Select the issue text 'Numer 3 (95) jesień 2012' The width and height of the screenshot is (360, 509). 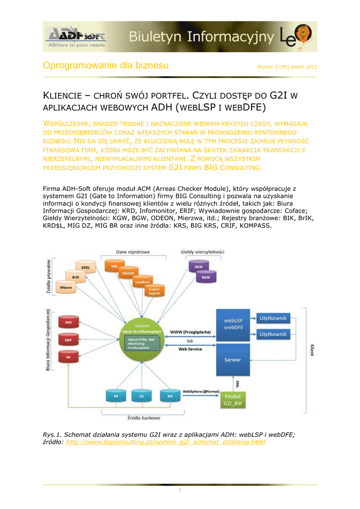coord(287,67)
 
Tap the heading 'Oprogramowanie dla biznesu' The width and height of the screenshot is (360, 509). coord(106,66)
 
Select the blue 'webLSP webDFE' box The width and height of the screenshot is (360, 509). coord(233,324)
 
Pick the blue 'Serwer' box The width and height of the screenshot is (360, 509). coord(233,359)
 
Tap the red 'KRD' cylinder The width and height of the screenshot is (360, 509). coord(69,323)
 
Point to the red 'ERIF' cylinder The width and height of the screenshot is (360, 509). coord(69,340)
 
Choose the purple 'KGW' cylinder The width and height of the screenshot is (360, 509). coord(198,266)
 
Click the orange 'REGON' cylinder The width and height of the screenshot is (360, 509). coord(128,273)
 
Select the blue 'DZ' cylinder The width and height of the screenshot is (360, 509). coord(142,396)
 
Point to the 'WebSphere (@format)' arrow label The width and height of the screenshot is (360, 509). coord(201,392)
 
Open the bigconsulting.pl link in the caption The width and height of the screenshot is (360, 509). coord(166,442)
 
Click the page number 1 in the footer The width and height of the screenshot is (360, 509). coord(180,491)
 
